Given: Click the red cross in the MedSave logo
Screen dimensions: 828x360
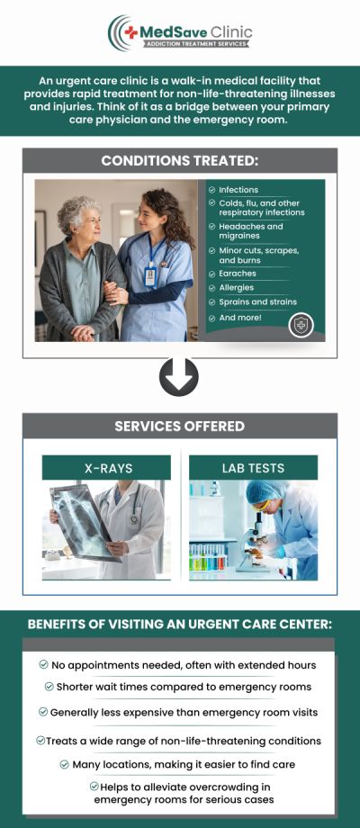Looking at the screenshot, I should (x=132, y=32).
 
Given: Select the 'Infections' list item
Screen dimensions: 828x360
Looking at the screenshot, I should (x=238, y=190).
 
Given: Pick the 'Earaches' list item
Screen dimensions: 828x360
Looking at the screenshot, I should (x=238, y=274).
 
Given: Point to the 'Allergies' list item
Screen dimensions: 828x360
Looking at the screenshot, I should (x=238, y=288).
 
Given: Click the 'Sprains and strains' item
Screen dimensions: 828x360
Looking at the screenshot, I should (x=257, y=302).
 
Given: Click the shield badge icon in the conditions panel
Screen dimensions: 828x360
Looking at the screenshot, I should (x=301, y=325).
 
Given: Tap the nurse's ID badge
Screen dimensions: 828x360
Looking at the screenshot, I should (x=150, y=274).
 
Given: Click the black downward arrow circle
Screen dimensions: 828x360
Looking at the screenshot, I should (x=179, y=377).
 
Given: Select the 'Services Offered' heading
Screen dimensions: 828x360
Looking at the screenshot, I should (x=179, y=426).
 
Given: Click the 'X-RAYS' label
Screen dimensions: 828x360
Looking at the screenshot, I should (x=106, y=468).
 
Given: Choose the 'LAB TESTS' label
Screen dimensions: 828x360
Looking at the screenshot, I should (x=253, y=468).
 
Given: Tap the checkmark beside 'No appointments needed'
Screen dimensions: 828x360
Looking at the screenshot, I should (x=43, y=664).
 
